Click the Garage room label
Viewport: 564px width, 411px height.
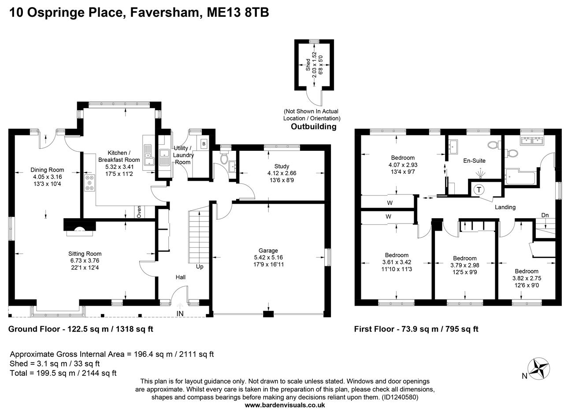point(268,250)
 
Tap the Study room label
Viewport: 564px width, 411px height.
point(282,166)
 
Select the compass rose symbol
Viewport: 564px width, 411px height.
point(539,367)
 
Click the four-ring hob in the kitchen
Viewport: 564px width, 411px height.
point(89,183)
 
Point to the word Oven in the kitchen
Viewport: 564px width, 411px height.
point(139,212)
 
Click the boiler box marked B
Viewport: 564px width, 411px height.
point(204,144)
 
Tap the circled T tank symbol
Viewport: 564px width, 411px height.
point(479,190)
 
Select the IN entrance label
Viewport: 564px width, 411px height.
point(180,314)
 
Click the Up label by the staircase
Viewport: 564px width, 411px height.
point(200,267)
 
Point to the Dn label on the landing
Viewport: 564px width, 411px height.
point(545,215)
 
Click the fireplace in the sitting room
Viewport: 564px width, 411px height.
point(80,226)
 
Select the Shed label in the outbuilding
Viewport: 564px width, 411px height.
point(308,65)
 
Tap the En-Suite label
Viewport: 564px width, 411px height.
point(474,161)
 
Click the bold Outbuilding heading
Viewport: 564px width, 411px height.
point(313,127)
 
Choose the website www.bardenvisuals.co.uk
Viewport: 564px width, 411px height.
point(285,405)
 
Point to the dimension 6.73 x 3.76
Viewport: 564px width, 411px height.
point(85,261)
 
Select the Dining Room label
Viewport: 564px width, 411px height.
point(47,170)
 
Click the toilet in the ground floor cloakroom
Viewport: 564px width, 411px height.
point(224,158)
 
